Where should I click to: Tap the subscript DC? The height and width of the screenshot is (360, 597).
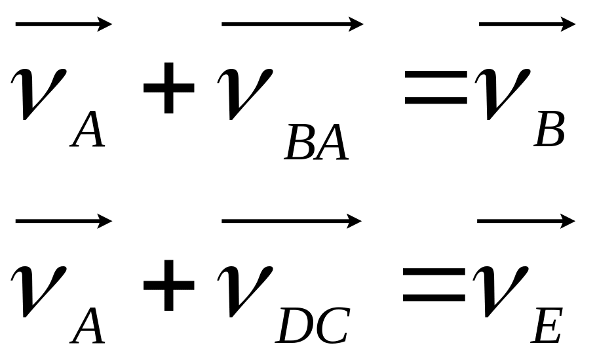pos(312,326)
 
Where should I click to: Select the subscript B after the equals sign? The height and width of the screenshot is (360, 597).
pos(549,132)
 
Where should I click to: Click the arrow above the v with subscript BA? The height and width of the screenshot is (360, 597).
pos(292,25)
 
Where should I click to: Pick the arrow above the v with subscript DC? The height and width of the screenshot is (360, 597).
pos(292,222)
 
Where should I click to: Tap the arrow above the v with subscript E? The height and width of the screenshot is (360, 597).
pos(526,222)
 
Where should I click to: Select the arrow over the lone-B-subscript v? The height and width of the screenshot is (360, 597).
pos(527,25)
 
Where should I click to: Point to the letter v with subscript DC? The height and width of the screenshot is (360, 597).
pos(244,289)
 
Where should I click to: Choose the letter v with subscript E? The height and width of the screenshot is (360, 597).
pos(501,289)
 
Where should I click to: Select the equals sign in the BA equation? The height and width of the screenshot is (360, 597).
pos(436,89)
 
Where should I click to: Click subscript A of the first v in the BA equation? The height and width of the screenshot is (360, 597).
pos(88,132)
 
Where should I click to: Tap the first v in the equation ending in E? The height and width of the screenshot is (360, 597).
pos(39,289)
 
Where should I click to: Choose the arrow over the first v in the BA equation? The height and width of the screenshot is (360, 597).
pos(64,25)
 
